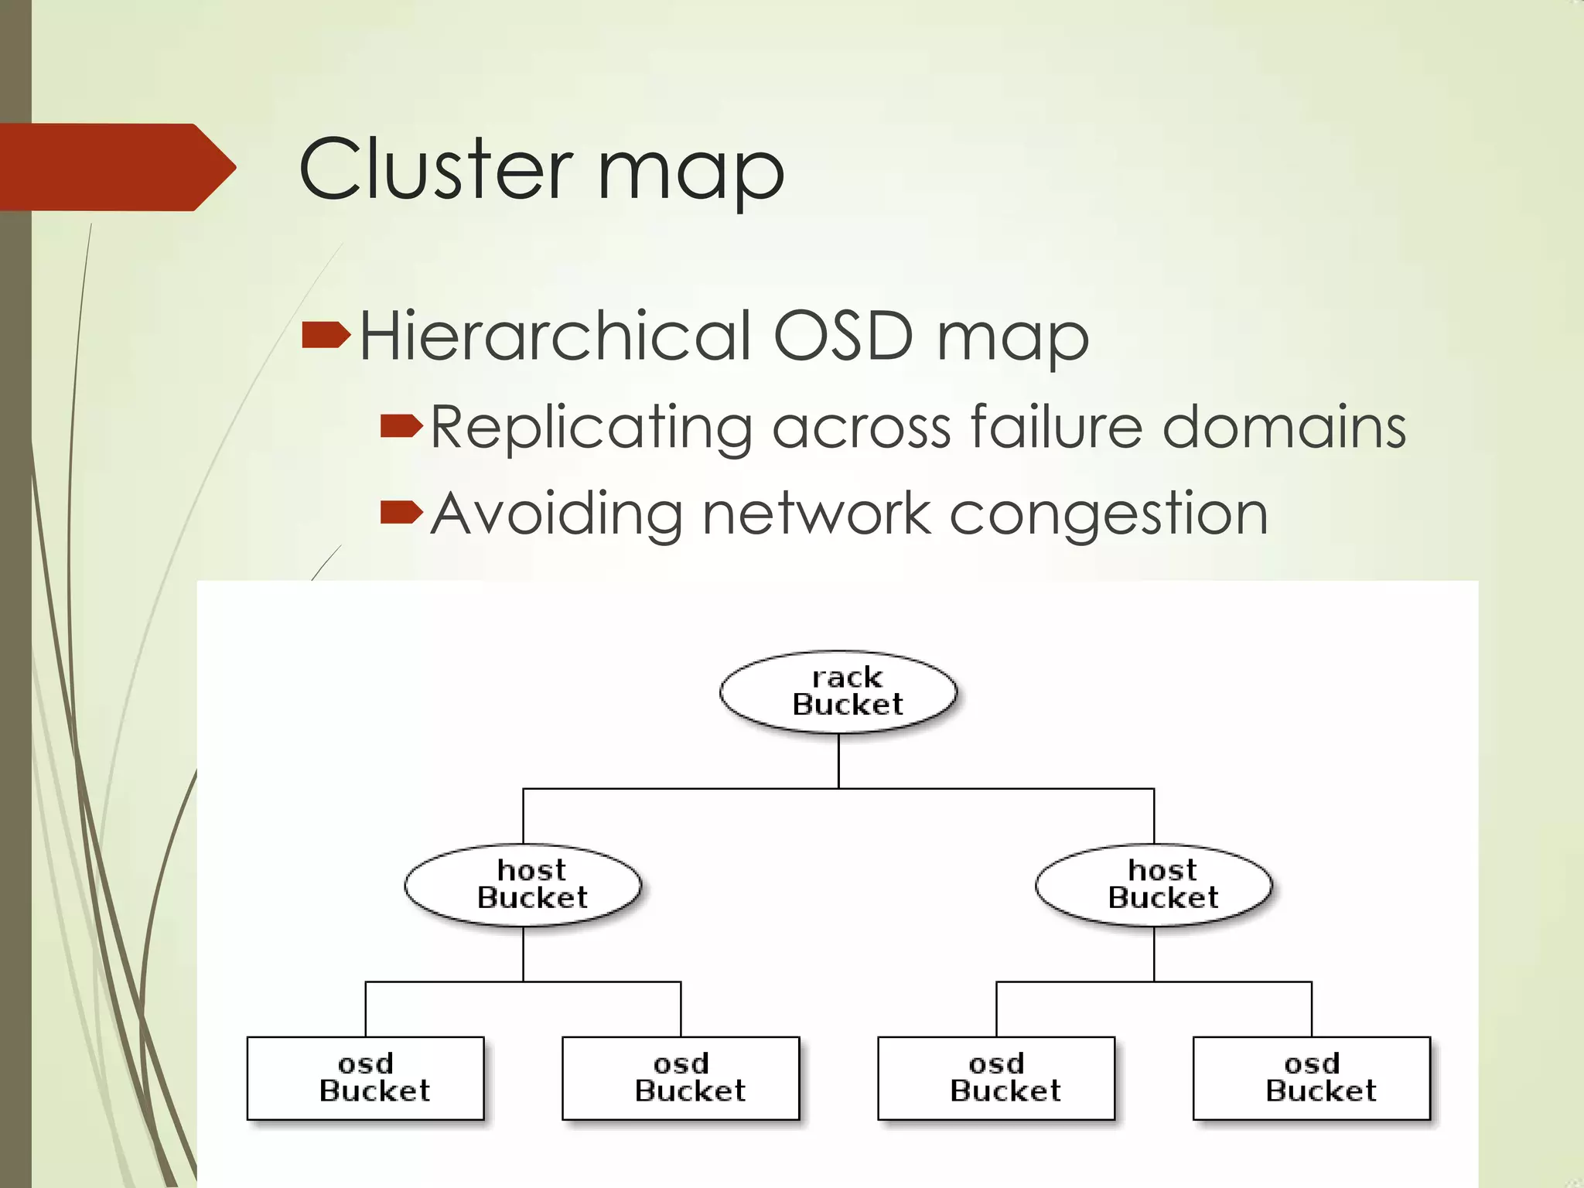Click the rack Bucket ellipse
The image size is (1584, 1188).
click(x=838, y=691)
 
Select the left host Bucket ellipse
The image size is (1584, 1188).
click(x=523, y=885)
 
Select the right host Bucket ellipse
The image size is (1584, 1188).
click(x=1154, y=885)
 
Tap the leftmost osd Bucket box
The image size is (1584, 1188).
click(x=365, y=1078)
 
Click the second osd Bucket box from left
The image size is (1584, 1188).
click(x=681, y=1078)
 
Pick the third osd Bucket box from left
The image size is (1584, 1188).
click(x=996, y=1078)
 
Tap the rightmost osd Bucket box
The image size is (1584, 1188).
click(x=1312, y=1078)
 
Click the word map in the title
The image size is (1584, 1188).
click(x=691, y=174)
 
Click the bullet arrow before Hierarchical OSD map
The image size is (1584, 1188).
click(x=326, y=336)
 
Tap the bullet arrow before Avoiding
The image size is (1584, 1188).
click(x=401, y=511)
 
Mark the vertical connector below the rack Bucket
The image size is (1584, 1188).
click(x=838, y=761)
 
